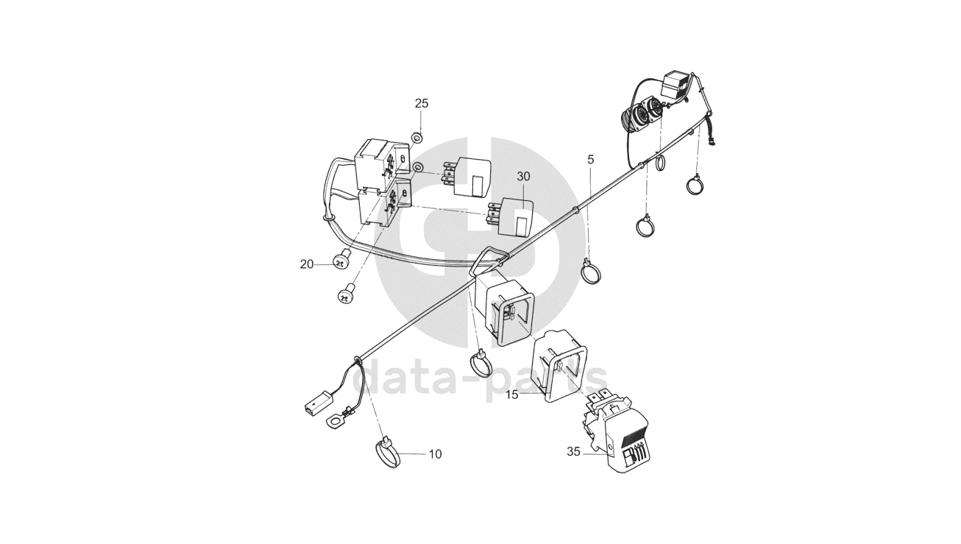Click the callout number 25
422,103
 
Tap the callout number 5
591,160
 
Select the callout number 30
523,177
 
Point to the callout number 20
307,265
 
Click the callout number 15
512,395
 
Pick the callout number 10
435,454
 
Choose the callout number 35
573,452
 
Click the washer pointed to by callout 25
416,138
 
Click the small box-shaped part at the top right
676,86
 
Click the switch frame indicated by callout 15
559,367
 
